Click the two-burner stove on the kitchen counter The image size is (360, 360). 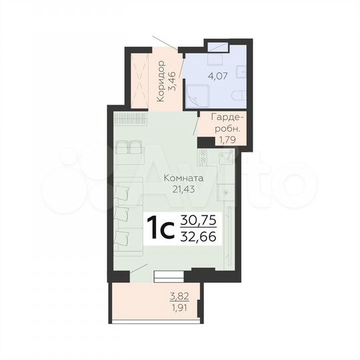(x=201, y=157)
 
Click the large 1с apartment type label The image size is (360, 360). (x=160, y=228)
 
